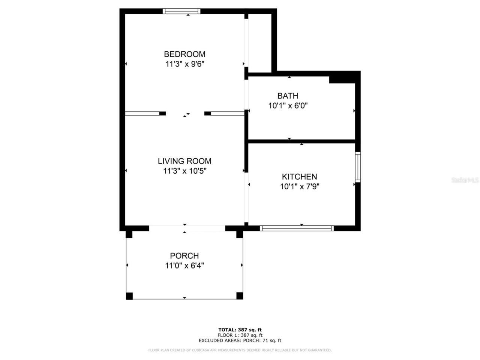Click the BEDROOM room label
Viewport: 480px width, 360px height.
[184, 54]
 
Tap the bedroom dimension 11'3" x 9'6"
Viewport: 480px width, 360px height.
[184, 64]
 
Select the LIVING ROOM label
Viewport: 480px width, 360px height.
[184, 161]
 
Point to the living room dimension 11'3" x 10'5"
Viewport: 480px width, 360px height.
[184, 171]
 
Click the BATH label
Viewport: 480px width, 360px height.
[288, 96]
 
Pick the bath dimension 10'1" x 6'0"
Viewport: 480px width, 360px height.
[288, 106]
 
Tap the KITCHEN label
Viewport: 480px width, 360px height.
[299, 177]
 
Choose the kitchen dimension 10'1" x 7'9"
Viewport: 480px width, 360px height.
[299, 187]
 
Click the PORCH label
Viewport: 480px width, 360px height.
[184, 256]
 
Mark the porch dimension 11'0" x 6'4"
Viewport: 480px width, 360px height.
[184, 266]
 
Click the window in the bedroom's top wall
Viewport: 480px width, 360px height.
[181, 11]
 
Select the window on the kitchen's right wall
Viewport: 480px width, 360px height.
[358, 167]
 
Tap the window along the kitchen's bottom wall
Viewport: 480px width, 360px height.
[297, 228]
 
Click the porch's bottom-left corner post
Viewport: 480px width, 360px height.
[129, 296]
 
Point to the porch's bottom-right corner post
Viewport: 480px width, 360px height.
[240, 296]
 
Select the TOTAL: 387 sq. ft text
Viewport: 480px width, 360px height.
[240, 330]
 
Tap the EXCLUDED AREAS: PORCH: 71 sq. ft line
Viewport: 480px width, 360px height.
[240, 340]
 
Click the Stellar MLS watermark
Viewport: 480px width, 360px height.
[465, 180]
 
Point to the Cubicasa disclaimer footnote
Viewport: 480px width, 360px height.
[240, 350]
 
